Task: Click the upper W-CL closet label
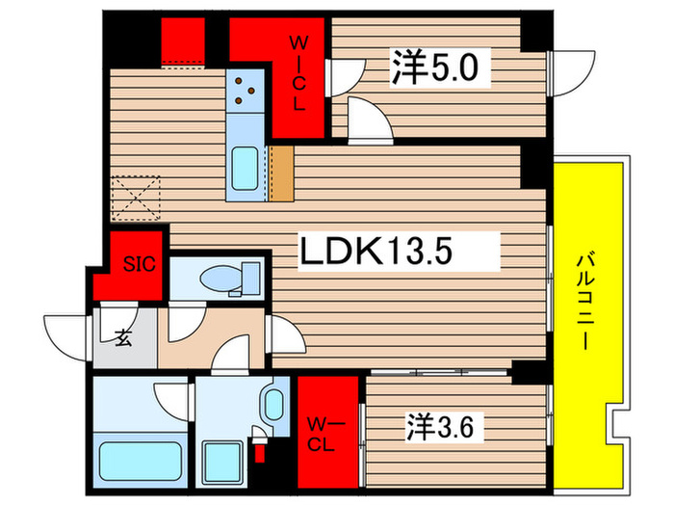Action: coord(300,72)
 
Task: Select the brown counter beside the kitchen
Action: coord(281,173)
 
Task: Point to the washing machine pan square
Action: coord(223,454)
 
